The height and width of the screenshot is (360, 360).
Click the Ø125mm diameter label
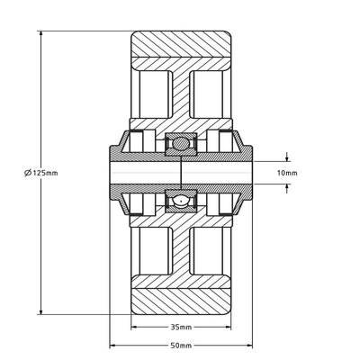41,173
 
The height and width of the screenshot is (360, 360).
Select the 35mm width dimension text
181,327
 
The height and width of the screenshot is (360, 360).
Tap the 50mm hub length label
181,346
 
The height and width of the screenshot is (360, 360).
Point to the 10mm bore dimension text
287,173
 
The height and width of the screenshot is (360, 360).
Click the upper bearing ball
181,143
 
